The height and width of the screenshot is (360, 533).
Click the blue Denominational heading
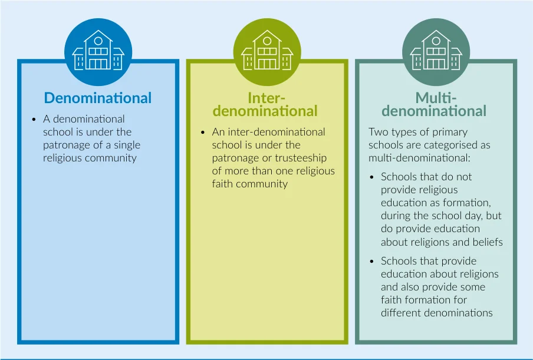coord(97,98)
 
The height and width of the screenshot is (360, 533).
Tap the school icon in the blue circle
coord(98,50)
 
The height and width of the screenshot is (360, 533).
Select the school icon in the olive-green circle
coord(267,50)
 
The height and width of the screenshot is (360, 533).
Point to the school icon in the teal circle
coord(436,50)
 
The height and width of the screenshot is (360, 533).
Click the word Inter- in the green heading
coord(266,98)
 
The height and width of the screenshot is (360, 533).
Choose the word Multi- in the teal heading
coord(436,98)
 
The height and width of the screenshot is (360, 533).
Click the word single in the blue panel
coord(127,146)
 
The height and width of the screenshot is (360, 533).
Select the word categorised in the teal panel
coord(452,146)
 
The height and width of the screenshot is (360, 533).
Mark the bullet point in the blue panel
coord(34,120)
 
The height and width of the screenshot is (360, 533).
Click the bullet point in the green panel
coord(203,133)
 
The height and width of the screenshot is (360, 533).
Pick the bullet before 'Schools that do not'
coord(371,177)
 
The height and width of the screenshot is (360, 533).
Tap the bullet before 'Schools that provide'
coord(371,262)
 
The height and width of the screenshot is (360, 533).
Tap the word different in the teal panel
coord(402,312)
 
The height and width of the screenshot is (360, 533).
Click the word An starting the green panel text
coord(218,132)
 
